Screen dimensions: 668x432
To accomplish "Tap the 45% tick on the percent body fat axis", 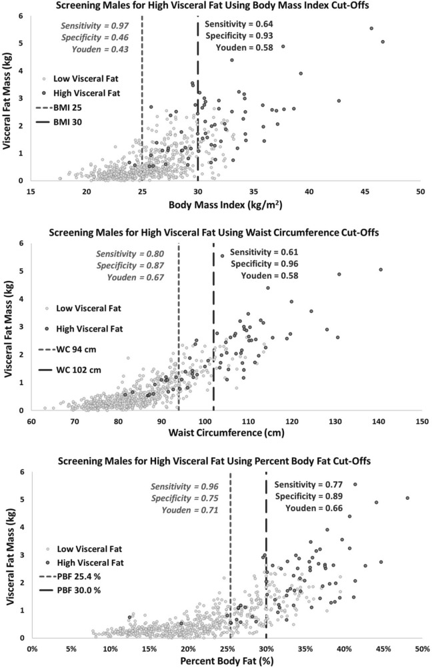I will point(382,649).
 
